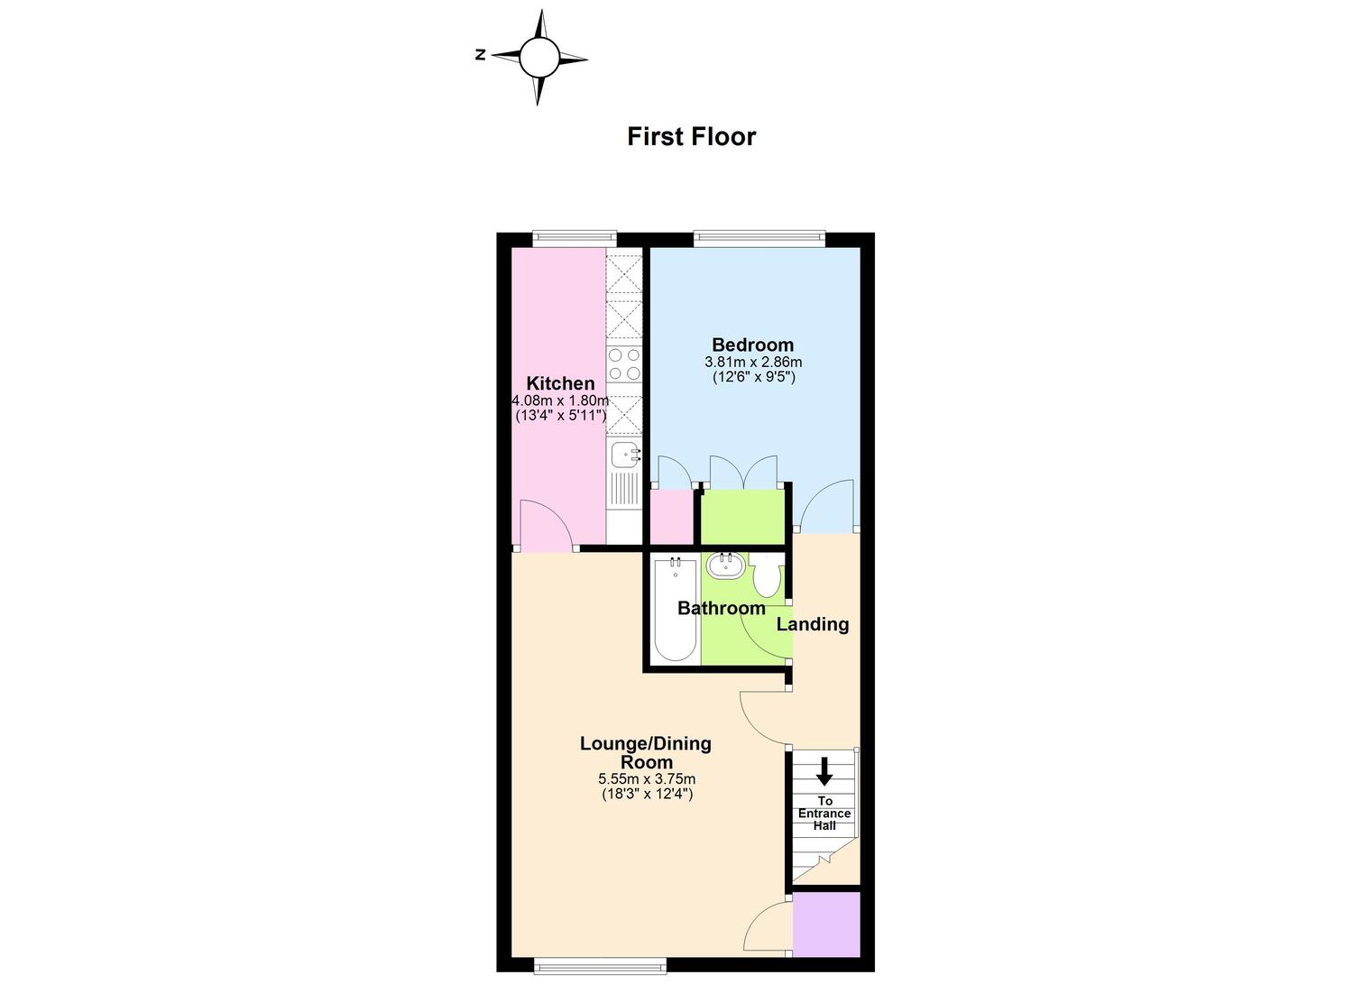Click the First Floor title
click(692, 136)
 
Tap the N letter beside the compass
click(481, 55)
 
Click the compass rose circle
click(538, 58)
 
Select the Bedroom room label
click(752, 345)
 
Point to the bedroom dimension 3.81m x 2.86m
click(753, 363)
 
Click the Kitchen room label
click(560, 383)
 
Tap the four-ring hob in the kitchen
click(624, 363)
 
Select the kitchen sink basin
click(625, 455)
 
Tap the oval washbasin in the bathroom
click(725, 566)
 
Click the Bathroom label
click(722, 608)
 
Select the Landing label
click(813, 625)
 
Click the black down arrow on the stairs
click(824, 771)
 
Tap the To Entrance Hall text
click(824, 813)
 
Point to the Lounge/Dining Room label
click(647, 752)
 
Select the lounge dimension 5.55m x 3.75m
click(647, 779)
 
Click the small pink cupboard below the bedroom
click(672, 517)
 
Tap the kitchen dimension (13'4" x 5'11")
click(560, 416)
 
